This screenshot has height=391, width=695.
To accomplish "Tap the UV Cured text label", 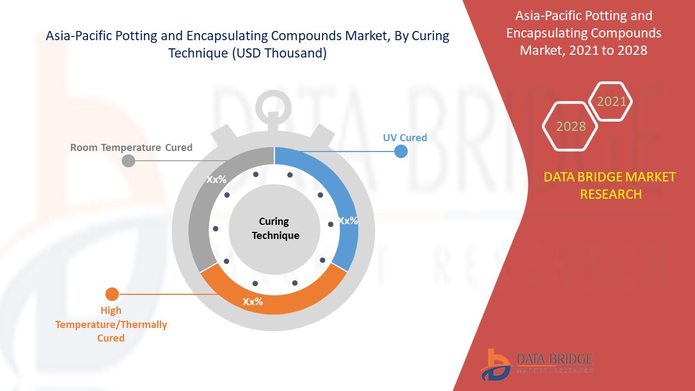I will (x=405, y=137).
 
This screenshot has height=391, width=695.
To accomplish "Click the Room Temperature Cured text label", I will (x=131, y=147).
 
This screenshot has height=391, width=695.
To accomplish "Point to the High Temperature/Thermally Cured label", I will (x=111, y=324).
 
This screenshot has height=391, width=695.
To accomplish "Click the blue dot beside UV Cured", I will (x=401, y=151).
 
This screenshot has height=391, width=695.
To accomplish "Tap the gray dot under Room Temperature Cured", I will (x=129, y=161).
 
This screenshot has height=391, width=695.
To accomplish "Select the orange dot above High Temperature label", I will (x=112, y=294).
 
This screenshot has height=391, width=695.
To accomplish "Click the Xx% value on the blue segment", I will (x=347, y=221).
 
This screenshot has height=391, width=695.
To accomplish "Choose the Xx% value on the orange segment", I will (x=252, y=302).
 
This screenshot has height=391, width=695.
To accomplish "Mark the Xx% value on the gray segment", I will (x=216, y=180).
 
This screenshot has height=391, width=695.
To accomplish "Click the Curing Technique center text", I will (x=275, y=228).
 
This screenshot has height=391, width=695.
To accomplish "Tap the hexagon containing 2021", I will (x=611, y=102).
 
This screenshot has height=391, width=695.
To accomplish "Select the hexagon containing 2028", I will (x=571, y=126).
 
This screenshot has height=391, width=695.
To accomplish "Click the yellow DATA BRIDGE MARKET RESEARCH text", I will (x=611, y=185).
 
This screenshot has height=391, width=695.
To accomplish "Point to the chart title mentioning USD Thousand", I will (x=248, y=45).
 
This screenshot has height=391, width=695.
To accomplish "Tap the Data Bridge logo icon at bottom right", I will (x=495, y=364).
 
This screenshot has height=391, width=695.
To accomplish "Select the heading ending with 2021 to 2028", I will (x=584, y=33).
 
